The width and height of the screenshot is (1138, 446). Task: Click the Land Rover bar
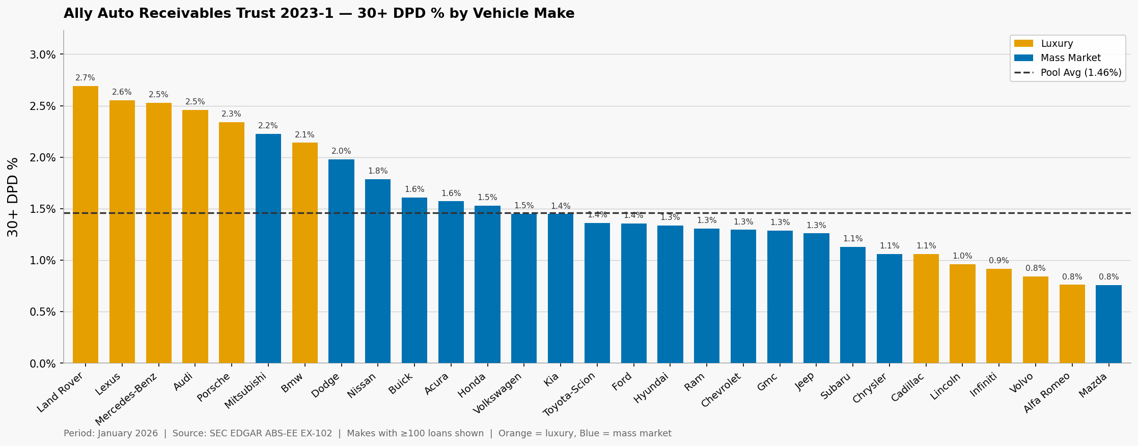86,224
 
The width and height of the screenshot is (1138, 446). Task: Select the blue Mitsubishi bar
268,248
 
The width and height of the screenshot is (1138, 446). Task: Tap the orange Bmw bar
304,253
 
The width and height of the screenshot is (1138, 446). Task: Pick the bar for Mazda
1108,324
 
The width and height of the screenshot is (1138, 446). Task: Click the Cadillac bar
926,309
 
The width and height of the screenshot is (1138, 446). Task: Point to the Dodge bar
341,261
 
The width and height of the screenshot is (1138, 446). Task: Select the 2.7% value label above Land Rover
85,78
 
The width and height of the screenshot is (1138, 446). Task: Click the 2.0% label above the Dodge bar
341,151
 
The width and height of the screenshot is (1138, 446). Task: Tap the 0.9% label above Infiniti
998,261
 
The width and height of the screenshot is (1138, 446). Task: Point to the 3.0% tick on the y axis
43,54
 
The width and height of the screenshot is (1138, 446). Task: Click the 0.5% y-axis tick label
43,312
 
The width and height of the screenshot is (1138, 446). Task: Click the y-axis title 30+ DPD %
13,197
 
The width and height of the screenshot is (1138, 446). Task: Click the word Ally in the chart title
78,14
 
